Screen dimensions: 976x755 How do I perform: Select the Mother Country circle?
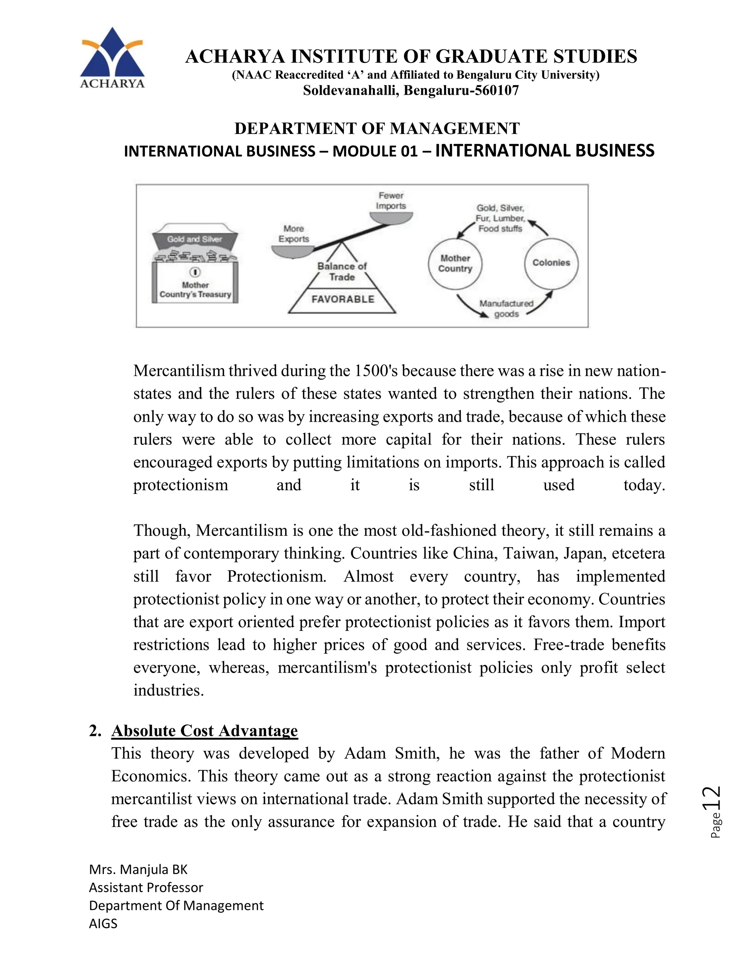(455, 264)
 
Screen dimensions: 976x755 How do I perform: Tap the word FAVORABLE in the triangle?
(342, 299)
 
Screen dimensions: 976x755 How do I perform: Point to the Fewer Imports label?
(391, 201)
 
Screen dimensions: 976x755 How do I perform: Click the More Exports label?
(293, 234)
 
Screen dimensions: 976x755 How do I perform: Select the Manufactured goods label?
(506, 308)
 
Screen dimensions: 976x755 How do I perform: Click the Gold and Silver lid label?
(195, 239)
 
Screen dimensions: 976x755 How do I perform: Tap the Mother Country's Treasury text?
(195, 290)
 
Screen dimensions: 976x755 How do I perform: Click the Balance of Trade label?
(342, 271)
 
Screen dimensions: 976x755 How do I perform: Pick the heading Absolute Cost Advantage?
(204, 731)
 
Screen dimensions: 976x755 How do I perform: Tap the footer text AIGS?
(103, 932)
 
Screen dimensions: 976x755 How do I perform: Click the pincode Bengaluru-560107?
(461, 91)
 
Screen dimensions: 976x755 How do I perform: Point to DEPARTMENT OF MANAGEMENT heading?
(377, 128)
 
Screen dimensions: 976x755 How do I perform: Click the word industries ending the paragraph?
(168, 691)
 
